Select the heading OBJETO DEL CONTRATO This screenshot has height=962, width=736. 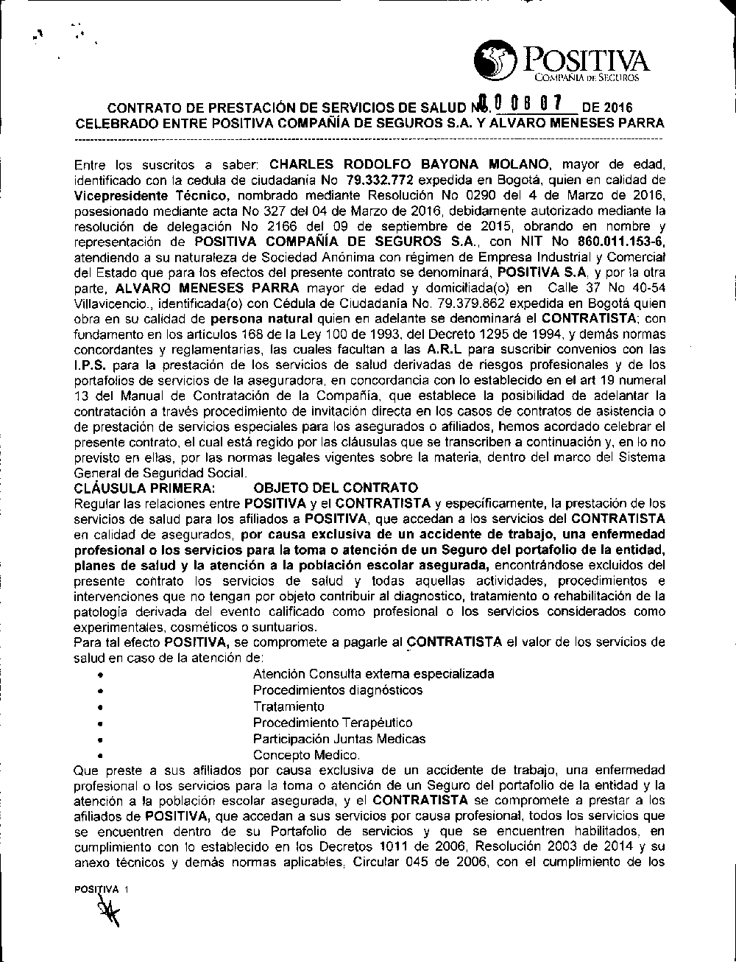point(335,488)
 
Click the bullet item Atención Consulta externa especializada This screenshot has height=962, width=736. point(373,673)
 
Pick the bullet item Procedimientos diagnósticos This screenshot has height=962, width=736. point(338,690)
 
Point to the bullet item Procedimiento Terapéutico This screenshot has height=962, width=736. point(333,723)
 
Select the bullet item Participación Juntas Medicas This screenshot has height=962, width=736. point(339,739)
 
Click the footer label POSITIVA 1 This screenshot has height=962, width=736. point(102,889)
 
